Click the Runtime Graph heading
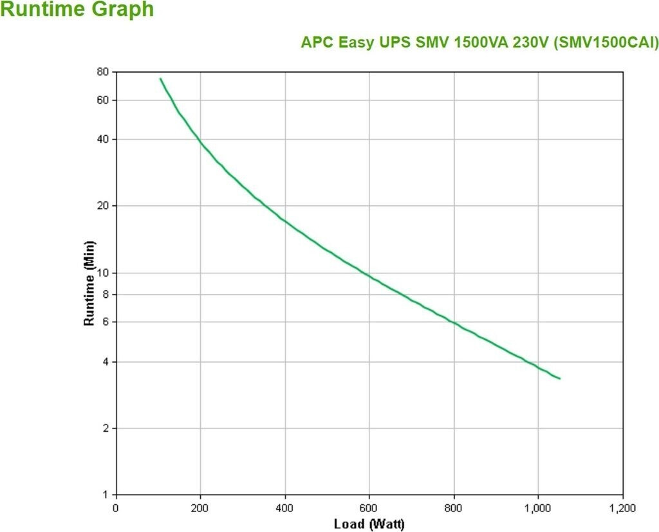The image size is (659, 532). (77, 10)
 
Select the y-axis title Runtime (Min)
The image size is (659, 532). (89, 283)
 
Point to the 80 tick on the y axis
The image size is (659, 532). (103, 71)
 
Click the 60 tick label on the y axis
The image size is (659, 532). (103, 100)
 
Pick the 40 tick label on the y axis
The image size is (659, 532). (103, 139)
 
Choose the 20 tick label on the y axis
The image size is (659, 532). (103, 206)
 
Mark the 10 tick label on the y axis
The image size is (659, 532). (103, 273)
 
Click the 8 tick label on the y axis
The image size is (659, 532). (106, 294)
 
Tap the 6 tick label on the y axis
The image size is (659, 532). (106, 322)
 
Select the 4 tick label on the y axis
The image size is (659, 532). (106, 362)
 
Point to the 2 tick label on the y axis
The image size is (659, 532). (106, 428)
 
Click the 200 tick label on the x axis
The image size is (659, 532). (200, 508)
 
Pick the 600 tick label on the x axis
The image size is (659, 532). (369, 508)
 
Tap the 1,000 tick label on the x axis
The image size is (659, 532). (538, 508)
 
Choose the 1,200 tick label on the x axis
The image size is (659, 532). (622, 508)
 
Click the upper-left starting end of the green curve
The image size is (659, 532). (160, 78)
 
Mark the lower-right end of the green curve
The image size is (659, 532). (560, 378)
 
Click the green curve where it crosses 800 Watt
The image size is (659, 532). (454, 322)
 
